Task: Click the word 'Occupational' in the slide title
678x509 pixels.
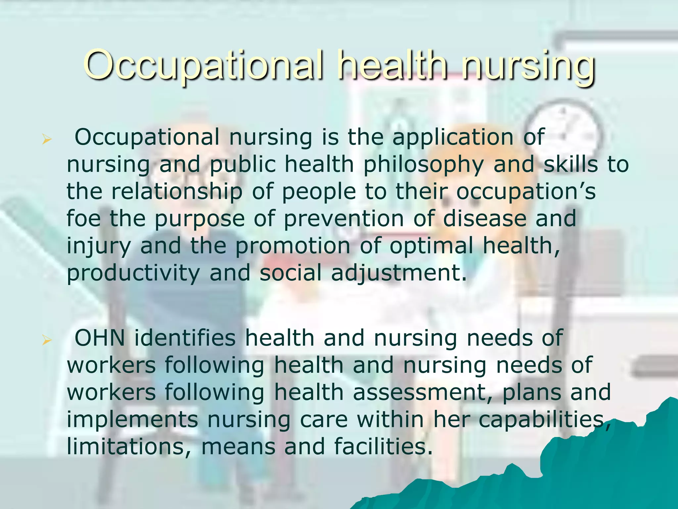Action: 202,65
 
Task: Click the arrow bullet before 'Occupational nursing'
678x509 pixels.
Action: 47,140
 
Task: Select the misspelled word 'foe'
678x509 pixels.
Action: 83,219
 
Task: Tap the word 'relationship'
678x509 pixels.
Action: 177,192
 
